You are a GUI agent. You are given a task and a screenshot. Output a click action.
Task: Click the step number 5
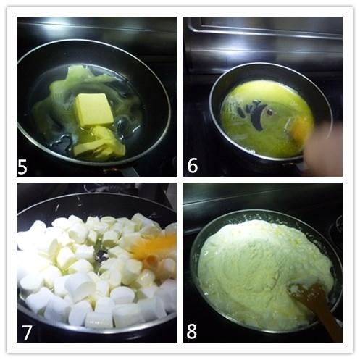(x=22, y=166)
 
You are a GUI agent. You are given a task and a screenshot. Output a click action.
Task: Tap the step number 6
(x=193, y=165)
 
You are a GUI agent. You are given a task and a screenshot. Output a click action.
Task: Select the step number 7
(x=27, y=332)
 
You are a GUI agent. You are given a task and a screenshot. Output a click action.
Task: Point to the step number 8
(x=191, y=331)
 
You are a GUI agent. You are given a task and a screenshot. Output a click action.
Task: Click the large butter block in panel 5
(x=94, y=110)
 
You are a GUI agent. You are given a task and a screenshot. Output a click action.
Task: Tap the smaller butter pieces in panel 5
(x=99, y=143)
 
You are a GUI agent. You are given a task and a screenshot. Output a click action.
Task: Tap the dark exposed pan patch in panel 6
(x=254, y=114)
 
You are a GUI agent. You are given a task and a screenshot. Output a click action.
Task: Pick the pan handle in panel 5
(x=129, y=170)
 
